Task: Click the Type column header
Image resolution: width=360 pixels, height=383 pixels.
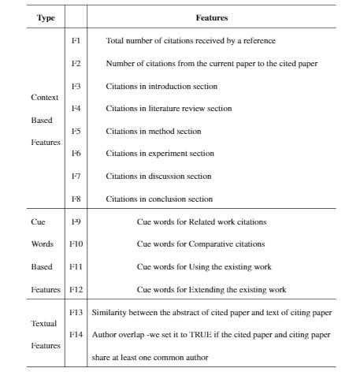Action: (46, 17)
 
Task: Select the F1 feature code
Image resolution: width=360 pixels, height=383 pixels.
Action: (76, 39)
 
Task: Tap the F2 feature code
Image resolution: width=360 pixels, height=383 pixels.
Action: (76, 62)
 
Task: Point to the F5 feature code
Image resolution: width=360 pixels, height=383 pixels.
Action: (76, 131)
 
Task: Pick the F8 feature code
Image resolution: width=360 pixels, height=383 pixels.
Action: (76, 199)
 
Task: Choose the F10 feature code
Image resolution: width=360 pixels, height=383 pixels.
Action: (76, 244)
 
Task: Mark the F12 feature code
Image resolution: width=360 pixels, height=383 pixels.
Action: (76, 289)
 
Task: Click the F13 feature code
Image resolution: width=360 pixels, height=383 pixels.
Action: (76, 312)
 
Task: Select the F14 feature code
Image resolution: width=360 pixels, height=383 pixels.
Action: (76, 334)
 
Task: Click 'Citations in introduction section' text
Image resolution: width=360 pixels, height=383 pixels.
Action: (161, 86)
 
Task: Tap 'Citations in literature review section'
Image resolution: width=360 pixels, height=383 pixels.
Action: (169, 109)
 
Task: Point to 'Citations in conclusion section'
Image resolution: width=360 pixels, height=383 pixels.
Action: (159, 199)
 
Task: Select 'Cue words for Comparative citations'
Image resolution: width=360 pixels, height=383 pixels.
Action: (200, 244)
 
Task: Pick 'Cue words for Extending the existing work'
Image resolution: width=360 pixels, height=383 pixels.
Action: (211, 290)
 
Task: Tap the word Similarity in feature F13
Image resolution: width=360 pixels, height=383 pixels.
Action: (109, 313)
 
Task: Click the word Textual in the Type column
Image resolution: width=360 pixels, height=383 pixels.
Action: (44, 324)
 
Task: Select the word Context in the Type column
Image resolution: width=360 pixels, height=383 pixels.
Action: (44, 98)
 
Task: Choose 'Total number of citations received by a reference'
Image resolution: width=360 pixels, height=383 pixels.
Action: (191, 40)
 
